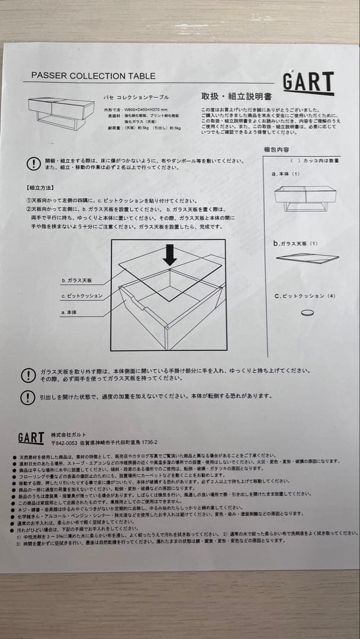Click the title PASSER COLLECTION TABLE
(93, 76)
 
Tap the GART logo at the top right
(308, 82)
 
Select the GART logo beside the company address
(31, 437)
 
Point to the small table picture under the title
(61, 113)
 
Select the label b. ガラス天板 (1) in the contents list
(295, 243)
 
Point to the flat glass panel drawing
(307, 257)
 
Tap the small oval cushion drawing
(307, 313)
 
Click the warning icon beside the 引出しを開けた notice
(27, 397)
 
